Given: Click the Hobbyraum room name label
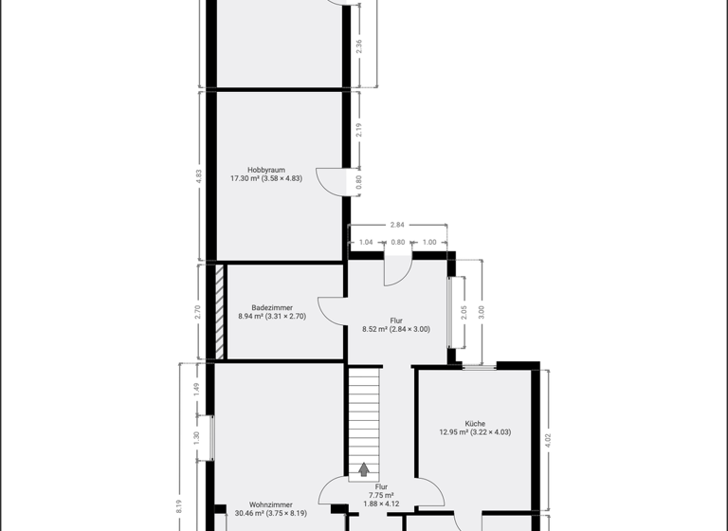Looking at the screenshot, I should tap(265, 170).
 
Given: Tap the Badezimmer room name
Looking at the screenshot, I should tap(271, 307).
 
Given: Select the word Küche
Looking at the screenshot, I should tap(475, 423).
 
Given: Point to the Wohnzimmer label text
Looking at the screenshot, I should tap(271, 504).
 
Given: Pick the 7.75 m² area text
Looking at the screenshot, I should tap(381, 494).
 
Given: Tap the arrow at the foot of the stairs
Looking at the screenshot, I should tap(363, 469).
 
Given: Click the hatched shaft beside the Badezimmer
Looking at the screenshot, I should tap(219, 311).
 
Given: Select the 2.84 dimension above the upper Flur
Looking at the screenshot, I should tap(398, 225).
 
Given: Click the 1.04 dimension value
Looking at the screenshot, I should tap(366, 243).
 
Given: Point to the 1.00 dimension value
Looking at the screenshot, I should tap(429, 243).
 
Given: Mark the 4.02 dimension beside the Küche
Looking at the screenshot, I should tap(548, 439).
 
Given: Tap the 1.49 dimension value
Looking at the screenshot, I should tap(196, 388).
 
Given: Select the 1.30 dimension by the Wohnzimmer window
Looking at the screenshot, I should tap(196, 437).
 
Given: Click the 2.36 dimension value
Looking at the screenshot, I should tap(358, 46).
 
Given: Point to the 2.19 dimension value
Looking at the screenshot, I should tap(358, 131).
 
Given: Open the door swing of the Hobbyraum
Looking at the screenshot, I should tap(331, 182).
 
